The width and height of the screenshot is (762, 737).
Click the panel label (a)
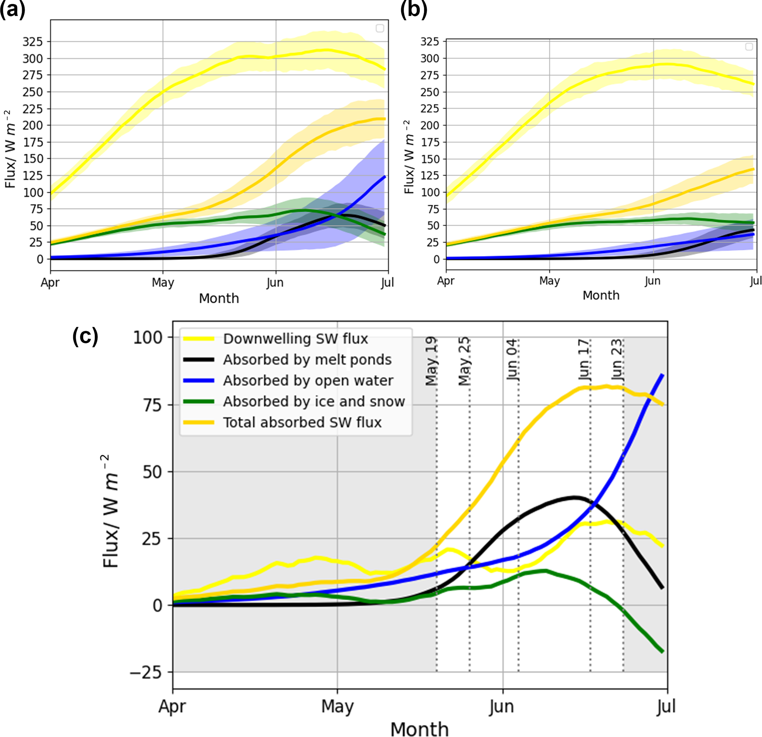pos(13,9)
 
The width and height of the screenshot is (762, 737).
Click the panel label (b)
pos(413,9)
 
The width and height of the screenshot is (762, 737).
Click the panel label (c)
pos(85,336)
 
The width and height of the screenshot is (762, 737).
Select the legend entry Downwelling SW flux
pos(295,339)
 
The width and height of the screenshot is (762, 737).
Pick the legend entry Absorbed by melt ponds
pos(307,360)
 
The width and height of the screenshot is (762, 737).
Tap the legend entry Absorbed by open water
pos(308,381)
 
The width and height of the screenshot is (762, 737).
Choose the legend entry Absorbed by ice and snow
pos(314,401)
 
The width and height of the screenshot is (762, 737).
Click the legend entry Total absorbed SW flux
pos(302,422)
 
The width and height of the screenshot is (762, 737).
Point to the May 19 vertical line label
pos(432,361)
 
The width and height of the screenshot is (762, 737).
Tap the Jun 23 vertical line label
pos(617,360)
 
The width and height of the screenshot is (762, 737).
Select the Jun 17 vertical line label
pos(584,360)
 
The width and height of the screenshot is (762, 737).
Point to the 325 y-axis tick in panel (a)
pos(33,42)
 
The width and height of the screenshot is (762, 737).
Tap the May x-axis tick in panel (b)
pos(549,281)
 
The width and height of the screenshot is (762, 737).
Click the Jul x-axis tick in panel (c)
pos(667,706)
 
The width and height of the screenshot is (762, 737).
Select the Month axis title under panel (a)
pos(219,298)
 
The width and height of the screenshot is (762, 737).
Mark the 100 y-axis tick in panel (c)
pos(148,338)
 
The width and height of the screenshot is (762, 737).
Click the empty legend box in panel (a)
pos(380,28)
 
